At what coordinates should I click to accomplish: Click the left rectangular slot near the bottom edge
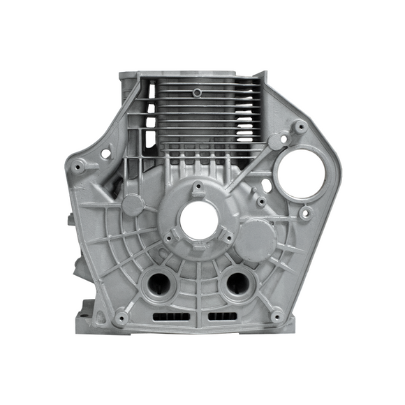[170, 318]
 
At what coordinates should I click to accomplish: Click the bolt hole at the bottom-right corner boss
[277, 316]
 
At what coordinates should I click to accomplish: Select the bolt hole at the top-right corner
[300, 127]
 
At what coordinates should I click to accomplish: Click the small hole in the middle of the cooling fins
[198, 91]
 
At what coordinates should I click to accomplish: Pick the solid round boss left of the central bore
[134, 203]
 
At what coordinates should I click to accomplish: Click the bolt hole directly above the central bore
[199, 186]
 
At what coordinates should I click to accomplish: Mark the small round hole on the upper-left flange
[105, 152]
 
